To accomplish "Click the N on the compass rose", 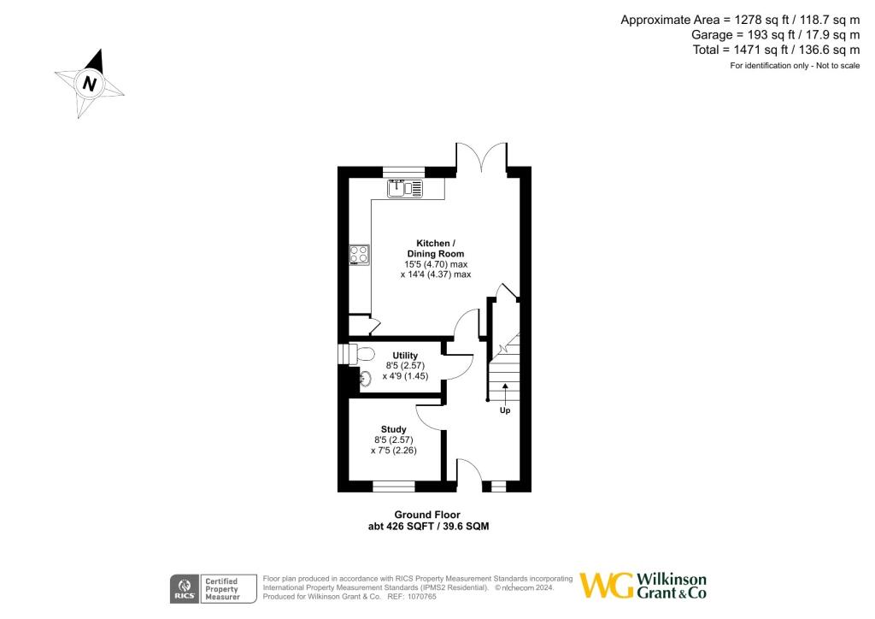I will (x=89, y=84).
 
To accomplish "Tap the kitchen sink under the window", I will (x=404, y=189).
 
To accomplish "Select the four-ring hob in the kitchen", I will (x=359, y=255).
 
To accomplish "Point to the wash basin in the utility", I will (x=363, y=379).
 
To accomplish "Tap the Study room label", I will (x=393, y=429).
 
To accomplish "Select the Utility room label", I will (x=405, y=355).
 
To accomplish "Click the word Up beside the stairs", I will (x=505, y=410).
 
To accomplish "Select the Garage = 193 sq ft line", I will (x=775, y=35).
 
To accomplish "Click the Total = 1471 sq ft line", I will (x=777, y=50).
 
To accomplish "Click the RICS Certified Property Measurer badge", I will (x=214, y=588).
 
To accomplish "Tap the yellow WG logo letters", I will (x=608, y=586).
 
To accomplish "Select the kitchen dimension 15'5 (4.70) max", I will (x=436, y=264).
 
